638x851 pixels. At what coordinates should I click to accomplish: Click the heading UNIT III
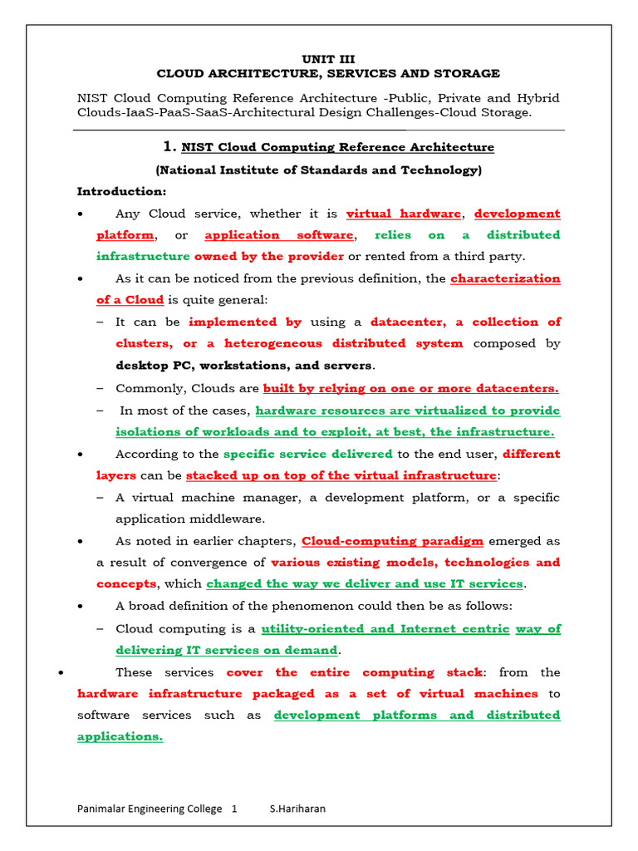coord(328,59)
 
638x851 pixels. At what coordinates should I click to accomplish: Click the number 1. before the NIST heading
coord(169,147)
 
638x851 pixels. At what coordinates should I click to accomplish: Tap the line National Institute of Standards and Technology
coord(319,170)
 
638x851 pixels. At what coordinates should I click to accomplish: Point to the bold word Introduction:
coord(121,192)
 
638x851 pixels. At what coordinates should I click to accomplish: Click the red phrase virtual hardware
coord(403,214)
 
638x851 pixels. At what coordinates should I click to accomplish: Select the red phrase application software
coord(279,235)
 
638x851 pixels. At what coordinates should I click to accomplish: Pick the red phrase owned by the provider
coord(269,256)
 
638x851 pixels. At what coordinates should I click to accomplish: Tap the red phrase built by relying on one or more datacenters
coord(410,388)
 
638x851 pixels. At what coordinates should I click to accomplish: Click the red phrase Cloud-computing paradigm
coord(392,541)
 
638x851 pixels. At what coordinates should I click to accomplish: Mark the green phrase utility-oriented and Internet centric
coord(385,628)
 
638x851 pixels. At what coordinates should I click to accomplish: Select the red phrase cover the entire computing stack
coord(354,672)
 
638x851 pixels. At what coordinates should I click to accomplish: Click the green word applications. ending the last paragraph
coord(120,736)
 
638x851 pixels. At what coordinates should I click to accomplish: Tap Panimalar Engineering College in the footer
coord(150,809)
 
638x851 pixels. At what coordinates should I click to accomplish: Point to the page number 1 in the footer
coord(234,809)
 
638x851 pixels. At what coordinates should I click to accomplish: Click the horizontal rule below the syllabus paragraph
coord(319,130)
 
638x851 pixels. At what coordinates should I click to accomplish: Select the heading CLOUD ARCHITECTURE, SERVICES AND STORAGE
coord(328,74)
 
